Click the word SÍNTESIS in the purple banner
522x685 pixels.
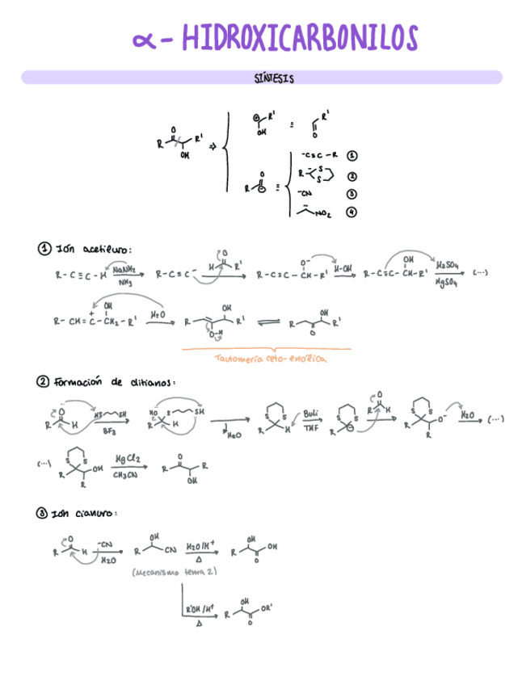[x=273, y=78]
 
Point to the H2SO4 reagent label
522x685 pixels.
[x=448, y=266]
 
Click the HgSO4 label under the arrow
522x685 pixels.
[x=447, y=282]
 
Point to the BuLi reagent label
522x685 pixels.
[x=311, y=414]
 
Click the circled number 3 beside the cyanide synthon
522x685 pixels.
[x=352, y=194]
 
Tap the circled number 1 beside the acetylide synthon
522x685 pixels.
[x=352, y=154]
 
